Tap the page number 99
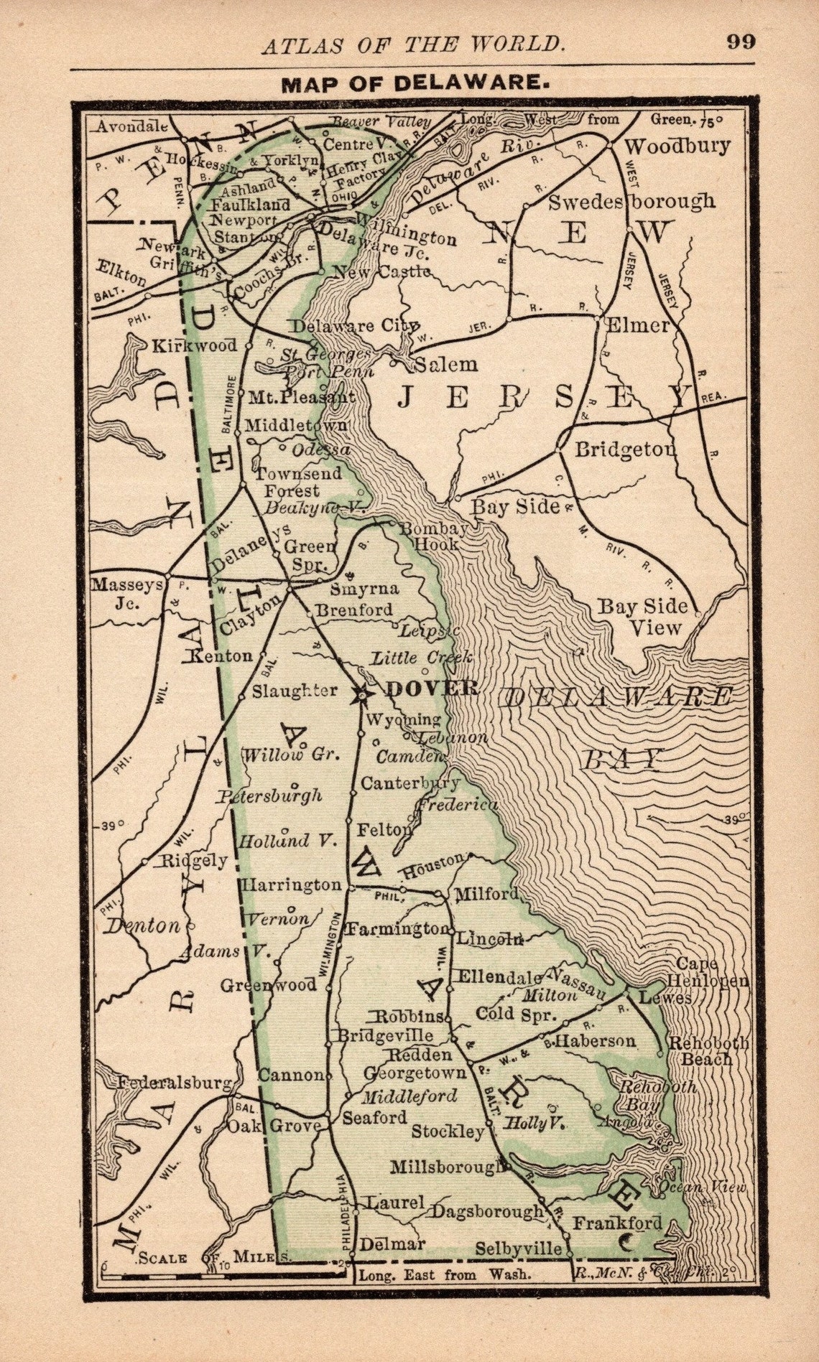click(x=740, y=42)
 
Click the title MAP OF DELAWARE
click(x=412, y=83)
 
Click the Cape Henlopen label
click(x=708, y=972)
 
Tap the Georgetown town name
click(x=415, y=1073)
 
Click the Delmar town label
click(x=392, y=1244)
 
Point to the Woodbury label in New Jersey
click(x=677, y=146)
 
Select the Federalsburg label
click(x=175, y=1082)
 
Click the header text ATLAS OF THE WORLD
click(x=412, y=45)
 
